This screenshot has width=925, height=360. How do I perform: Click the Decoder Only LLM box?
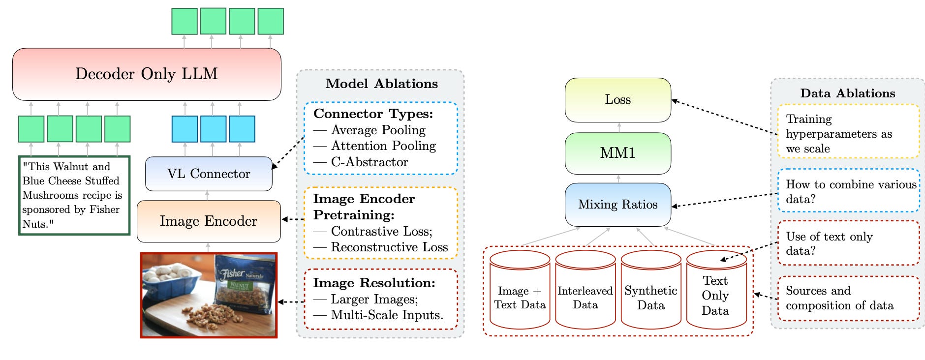[x=147, y=74]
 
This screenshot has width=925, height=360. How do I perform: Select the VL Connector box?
[x=209, y=174]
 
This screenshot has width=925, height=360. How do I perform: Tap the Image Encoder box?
[x=209, y=221]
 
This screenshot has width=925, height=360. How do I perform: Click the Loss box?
[x=618, y=100]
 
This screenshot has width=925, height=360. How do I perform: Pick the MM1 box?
[x=618, y=153]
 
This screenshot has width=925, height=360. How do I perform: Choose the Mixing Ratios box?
[x=618, y=205]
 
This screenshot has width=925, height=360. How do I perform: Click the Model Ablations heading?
[x=382, y=84]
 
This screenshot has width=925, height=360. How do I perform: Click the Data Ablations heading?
[x=848, y=93]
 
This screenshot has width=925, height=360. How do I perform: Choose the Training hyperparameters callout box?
[x=848, y=131]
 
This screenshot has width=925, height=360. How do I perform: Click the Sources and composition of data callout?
[x=848, y=299]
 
